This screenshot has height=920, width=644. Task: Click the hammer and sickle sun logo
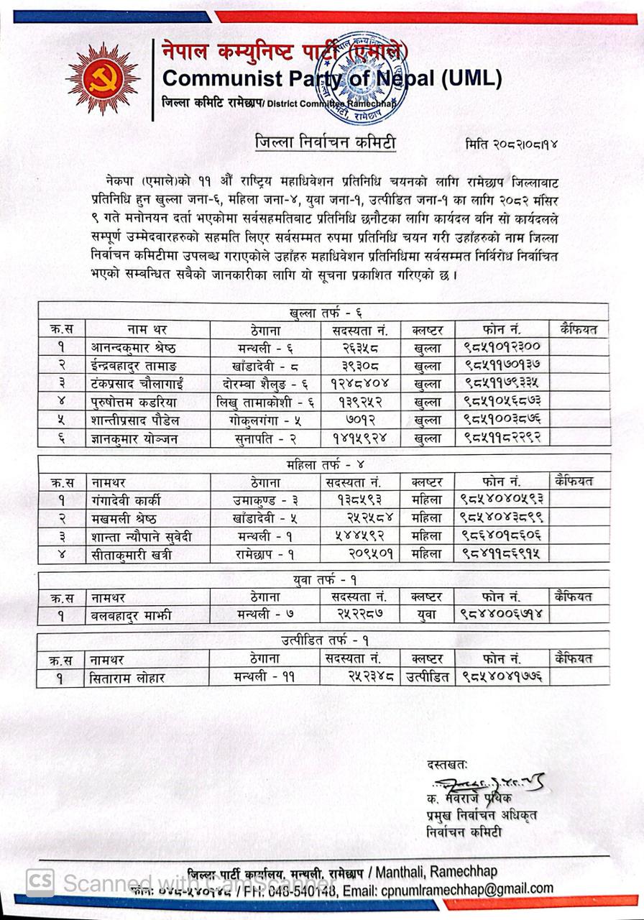(x=103, y=78)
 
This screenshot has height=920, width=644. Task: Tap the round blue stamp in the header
(x=351, y=78)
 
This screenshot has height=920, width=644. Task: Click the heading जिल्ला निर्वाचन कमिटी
(x=326, y=143)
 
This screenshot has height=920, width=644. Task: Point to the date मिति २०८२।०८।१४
(x=512, y=144)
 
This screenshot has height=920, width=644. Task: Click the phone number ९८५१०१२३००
(x=502, y=347)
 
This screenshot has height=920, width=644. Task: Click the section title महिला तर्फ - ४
(x=324, y=464)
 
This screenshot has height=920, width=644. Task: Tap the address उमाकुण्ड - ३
(x=265, y=500)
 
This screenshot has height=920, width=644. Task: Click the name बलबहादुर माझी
(x=132, y=615)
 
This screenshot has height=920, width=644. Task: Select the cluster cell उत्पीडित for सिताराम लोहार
(x=428, y=676)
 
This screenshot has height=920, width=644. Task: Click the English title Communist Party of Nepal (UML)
(x=331, y=78)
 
